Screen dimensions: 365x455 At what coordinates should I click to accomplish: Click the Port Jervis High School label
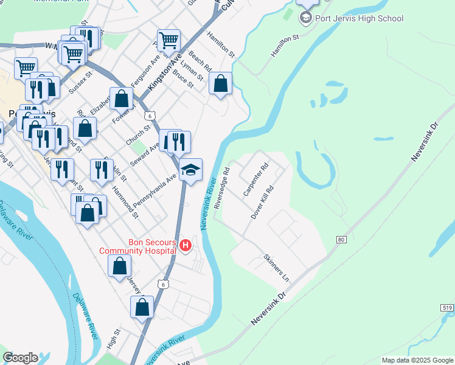coord(359,18)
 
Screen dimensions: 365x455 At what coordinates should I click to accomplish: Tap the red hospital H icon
coord(186,246)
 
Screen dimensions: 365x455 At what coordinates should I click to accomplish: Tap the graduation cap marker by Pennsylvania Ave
coord(190,170)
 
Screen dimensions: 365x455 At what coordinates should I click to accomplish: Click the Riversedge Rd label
coord(222,188)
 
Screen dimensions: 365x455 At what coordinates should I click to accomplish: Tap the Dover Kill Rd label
coord(263,203)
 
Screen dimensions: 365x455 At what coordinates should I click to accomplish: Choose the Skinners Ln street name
coord(277,267)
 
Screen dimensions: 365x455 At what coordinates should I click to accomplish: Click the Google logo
coord(20,358)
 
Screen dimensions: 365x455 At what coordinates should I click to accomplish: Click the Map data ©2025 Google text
coord(417,360)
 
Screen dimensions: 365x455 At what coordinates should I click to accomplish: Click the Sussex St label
coord(80,83)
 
